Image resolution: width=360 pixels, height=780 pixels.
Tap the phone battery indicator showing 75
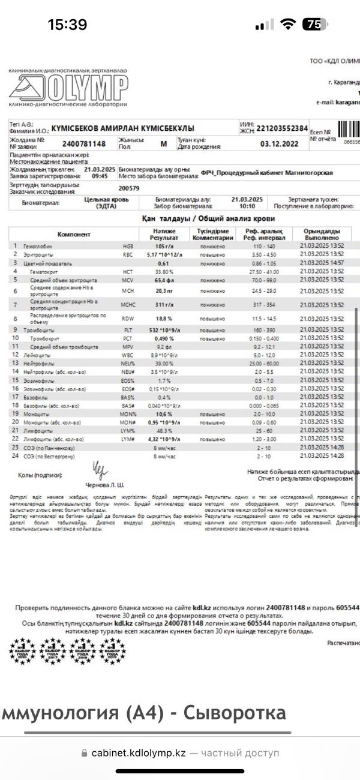313,25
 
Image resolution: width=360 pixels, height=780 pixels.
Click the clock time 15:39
67,25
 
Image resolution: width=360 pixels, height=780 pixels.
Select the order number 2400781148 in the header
84,144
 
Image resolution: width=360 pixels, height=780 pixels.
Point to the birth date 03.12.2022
278,144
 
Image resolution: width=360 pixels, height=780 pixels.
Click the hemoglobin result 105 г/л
164,247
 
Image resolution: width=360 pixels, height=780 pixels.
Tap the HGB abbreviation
128,247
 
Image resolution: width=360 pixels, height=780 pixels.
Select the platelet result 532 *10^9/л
164,330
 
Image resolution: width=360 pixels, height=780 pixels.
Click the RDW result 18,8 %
164,318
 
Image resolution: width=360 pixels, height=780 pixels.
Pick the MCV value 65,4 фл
164,280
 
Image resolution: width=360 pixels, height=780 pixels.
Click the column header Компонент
74,234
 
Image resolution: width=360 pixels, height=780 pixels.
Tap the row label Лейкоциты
37,355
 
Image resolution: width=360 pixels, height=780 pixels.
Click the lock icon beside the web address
84,753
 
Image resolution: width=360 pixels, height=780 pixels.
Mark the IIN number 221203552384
282,128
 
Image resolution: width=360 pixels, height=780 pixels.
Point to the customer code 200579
130,188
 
